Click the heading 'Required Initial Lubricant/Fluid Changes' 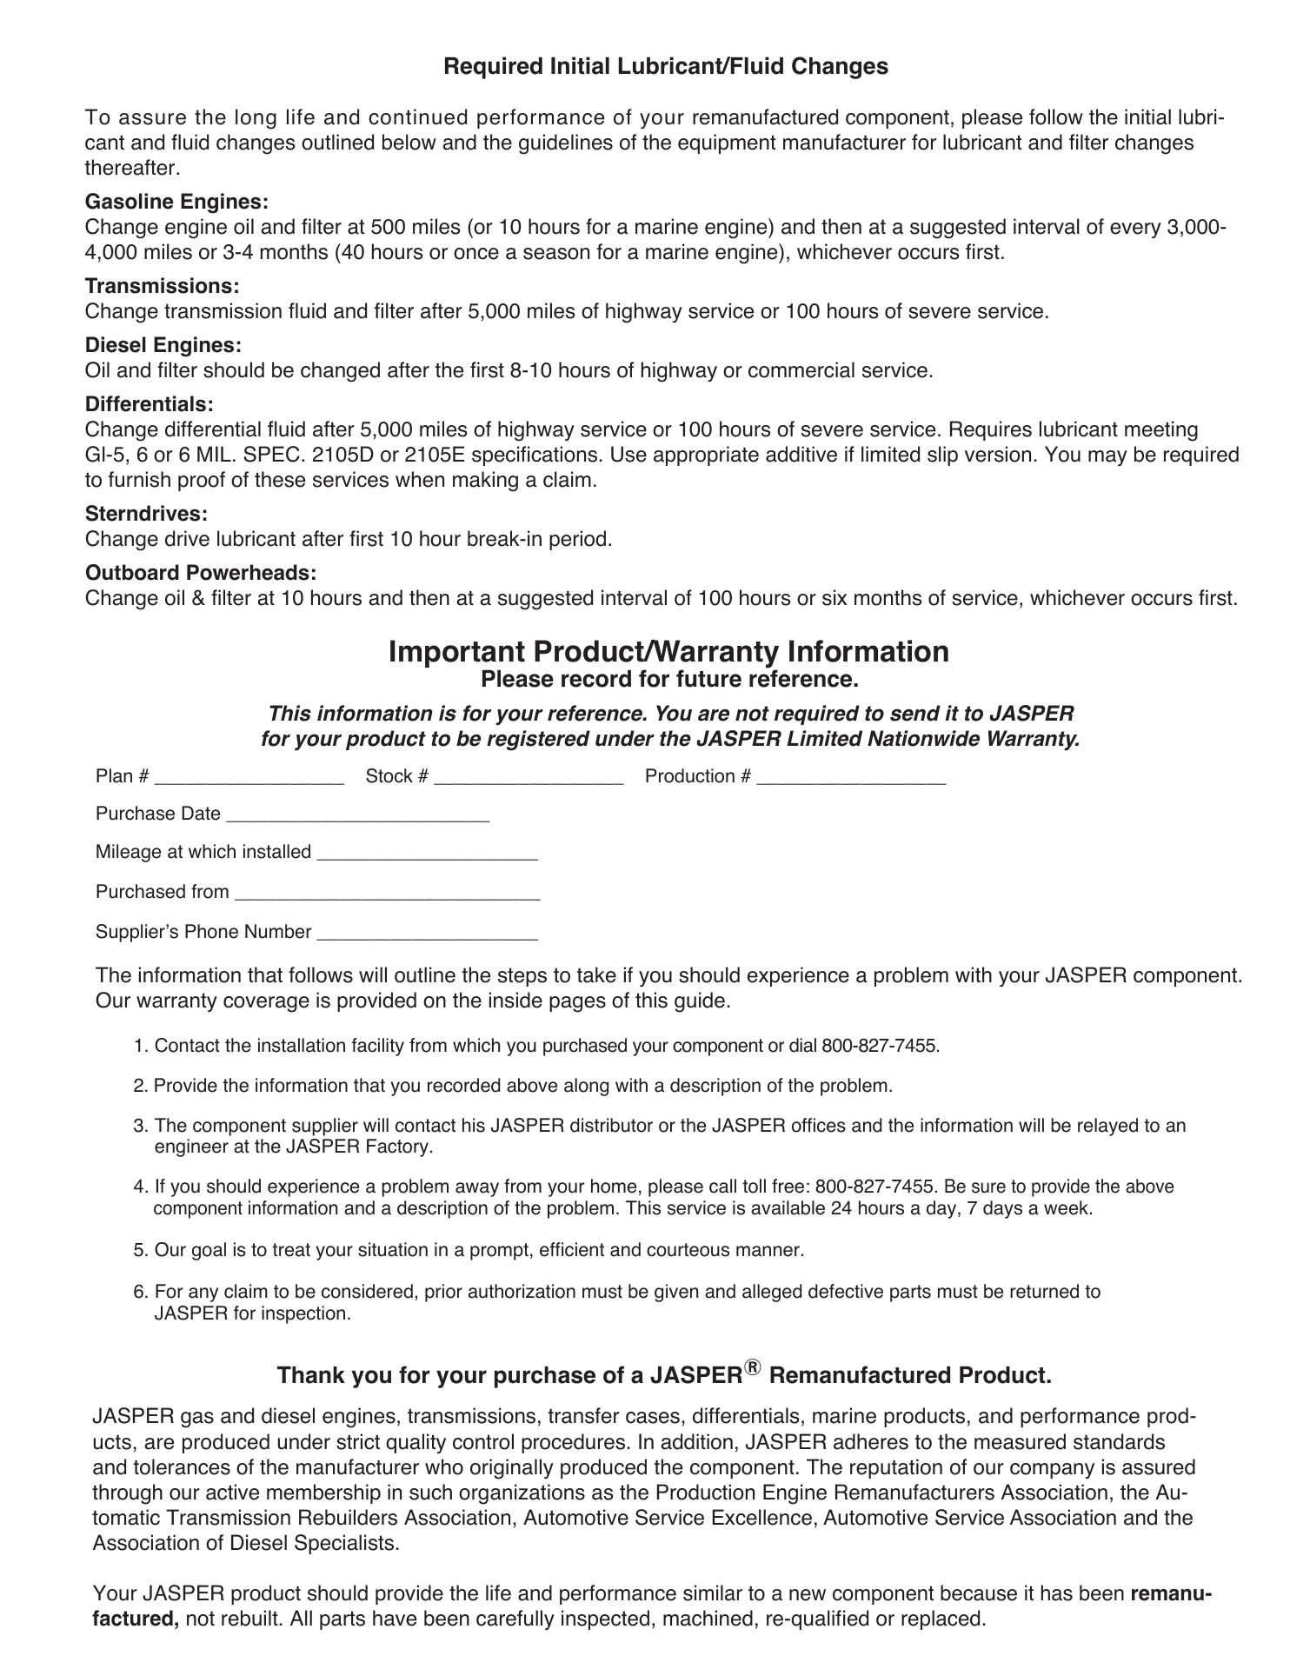[666, 67]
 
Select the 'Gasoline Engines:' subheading [176, 203]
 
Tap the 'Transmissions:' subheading [162, 286]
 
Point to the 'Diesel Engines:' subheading [163, 345]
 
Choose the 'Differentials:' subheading [149, 404]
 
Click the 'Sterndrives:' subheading [146, 514]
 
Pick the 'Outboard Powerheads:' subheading [200, 573]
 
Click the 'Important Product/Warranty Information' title [668, 652]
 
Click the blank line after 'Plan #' [249, 779]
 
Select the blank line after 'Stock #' [529, 779]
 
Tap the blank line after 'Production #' [851, 779]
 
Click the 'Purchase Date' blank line [357, 816]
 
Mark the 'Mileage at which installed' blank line [428, 854]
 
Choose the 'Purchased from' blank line [388, 894]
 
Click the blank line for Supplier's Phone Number [428, 934]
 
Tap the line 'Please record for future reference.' [669, 679]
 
